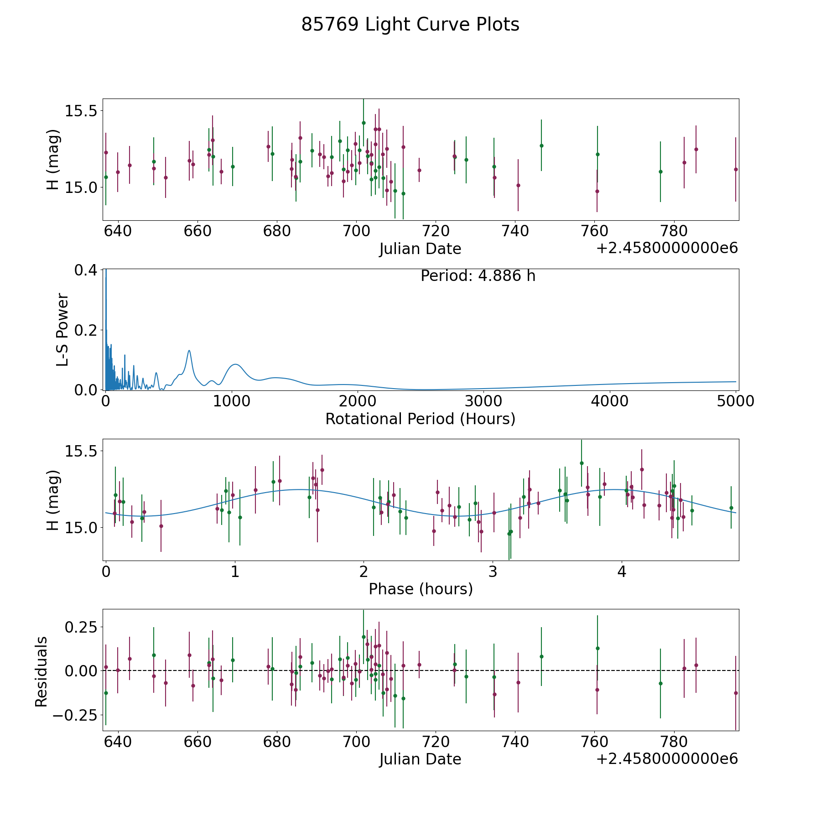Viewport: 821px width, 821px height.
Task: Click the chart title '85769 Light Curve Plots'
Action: click(410, 25)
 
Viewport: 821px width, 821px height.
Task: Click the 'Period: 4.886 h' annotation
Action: click(478, 276)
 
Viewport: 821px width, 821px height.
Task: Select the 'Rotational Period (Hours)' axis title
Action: click(420, 419)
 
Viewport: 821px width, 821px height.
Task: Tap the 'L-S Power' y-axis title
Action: click(63, 330)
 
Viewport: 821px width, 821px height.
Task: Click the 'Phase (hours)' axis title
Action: click(421, 589)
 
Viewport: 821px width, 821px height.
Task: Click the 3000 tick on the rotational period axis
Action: click(483, 401)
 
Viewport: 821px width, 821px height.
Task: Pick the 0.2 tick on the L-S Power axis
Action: click(86, 330)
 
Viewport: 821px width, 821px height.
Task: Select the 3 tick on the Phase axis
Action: click(493, 572)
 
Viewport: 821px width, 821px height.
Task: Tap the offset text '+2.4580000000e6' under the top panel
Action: click(667, 249)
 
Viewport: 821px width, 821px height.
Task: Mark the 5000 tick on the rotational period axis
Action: click(735, 401)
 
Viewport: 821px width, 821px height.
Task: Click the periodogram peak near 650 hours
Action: click(189, 350)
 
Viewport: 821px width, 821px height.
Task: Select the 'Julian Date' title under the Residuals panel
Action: click(420, 759)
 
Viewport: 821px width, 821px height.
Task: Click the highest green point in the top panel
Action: click(364, 123)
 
